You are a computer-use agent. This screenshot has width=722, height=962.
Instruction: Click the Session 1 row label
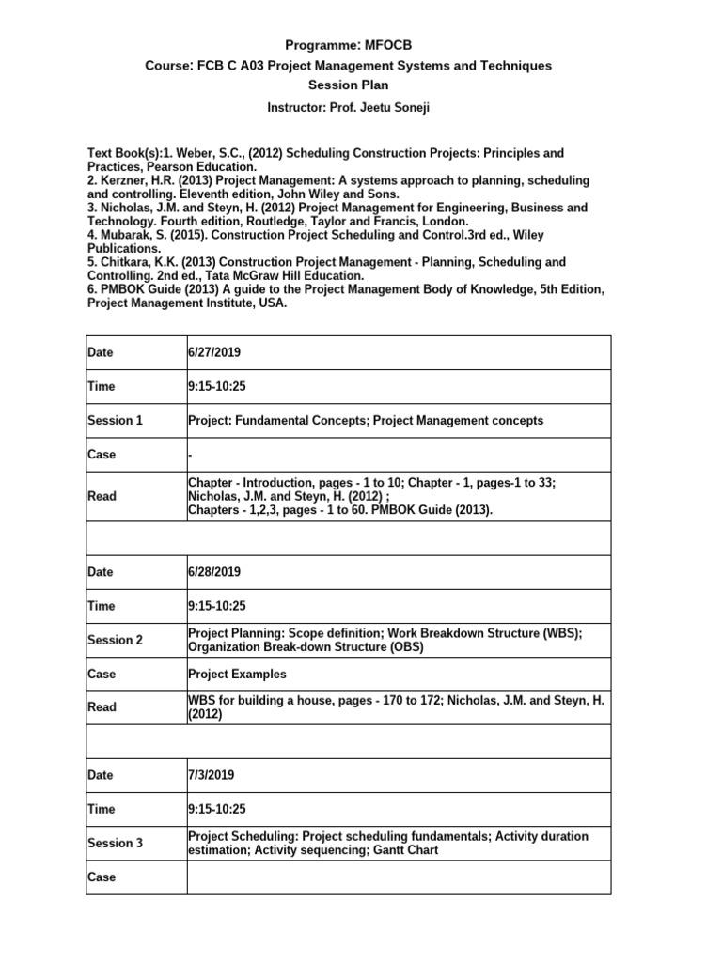(x=115, y=420)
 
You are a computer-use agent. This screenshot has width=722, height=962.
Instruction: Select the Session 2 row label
(x=115, y=640)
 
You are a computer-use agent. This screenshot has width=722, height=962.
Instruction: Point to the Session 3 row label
(x=115, y=843)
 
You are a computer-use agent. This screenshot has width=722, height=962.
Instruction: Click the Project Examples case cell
(x=237, y=674)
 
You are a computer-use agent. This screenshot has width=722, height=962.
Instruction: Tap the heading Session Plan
(x=361, y=85)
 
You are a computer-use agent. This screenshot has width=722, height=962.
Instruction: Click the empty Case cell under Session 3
(x=399, y=877)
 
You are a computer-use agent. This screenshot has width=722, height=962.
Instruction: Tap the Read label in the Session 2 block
(x=102, y=706)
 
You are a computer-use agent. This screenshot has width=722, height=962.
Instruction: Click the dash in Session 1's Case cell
(x=191, y=454)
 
